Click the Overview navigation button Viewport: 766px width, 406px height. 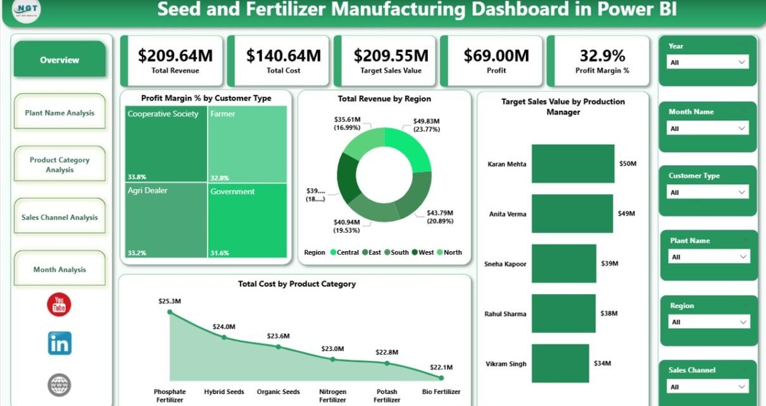(x=60, y=60)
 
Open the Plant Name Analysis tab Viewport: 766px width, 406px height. (x=60, y=113)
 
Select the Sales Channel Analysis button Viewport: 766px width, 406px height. (x=60, y=217)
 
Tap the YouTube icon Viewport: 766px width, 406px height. (x=59, y=305)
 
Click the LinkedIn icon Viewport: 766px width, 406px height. (x=60, y=343)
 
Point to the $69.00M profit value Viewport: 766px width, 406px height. (x=496, y=56)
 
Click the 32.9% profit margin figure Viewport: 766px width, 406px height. (x=602, y=56)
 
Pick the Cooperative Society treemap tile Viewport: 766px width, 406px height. (x=166, y=144)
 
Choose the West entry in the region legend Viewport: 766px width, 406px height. (x=426, y=252)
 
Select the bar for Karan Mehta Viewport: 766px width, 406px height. (x=573, y=164)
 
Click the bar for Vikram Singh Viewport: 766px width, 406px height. (x=560, y=364)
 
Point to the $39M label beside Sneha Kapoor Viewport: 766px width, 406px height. (x=627, y=264)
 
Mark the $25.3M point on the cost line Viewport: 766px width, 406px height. (x=169, y=312)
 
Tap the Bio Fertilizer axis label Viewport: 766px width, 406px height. (x=441, y=392)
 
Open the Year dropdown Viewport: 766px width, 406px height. (x=708, y=62)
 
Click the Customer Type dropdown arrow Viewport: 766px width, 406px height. (x=742, y=192)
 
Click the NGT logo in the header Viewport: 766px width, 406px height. (x=26, y=11)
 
